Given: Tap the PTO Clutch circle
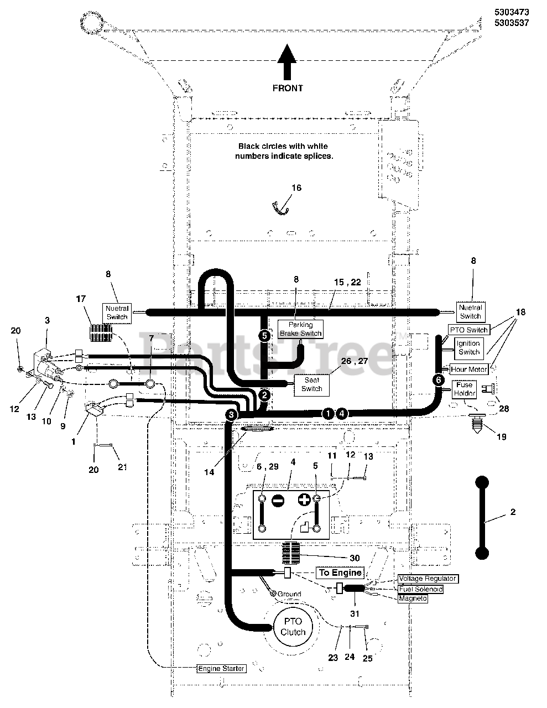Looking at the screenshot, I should coord(293,627).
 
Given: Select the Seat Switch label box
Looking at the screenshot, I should coord(311,384).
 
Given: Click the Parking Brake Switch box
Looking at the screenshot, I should coord(300,329).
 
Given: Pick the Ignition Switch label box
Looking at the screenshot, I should coord(468,347).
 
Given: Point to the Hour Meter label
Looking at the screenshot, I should coord(469,369).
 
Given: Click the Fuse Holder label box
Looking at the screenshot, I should coord(464,389).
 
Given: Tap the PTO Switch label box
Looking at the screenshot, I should coord(468,330).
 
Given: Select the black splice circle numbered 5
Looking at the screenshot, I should coord(264,335).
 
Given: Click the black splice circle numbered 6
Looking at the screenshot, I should coord(439,380).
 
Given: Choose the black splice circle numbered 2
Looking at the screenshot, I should coord(264,395).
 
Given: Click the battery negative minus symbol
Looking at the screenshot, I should coord(278,501).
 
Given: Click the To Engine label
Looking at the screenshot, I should coord(340,572).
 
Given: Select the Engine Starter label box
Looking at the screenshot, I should coord(221,668).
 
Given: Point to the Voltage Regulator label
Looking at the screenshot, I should coord(427,579).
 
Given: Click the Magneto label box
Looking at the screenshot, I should coord(413,598).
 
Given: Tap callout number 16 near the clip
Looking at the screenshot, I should coord(296,188).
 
